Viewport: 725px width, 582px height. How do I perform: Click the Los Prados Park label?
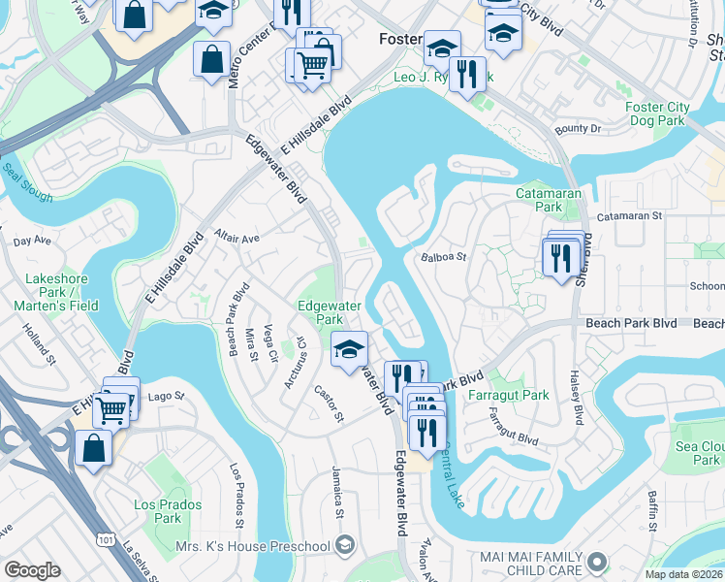click(168, 511)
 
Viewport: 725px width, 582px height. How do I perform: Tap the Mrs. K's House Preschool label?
click(254, 546)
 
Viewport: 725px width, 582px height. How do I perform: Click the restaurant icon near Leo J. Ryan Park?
click(467, 75)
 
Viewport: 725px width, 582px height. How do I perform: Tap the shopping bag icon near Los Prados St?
click(92, 449)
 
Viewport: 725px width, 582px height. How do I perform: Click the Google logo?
click(31, 570)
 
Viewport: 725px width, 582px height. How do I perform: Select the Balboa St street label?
click(444, 258)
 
